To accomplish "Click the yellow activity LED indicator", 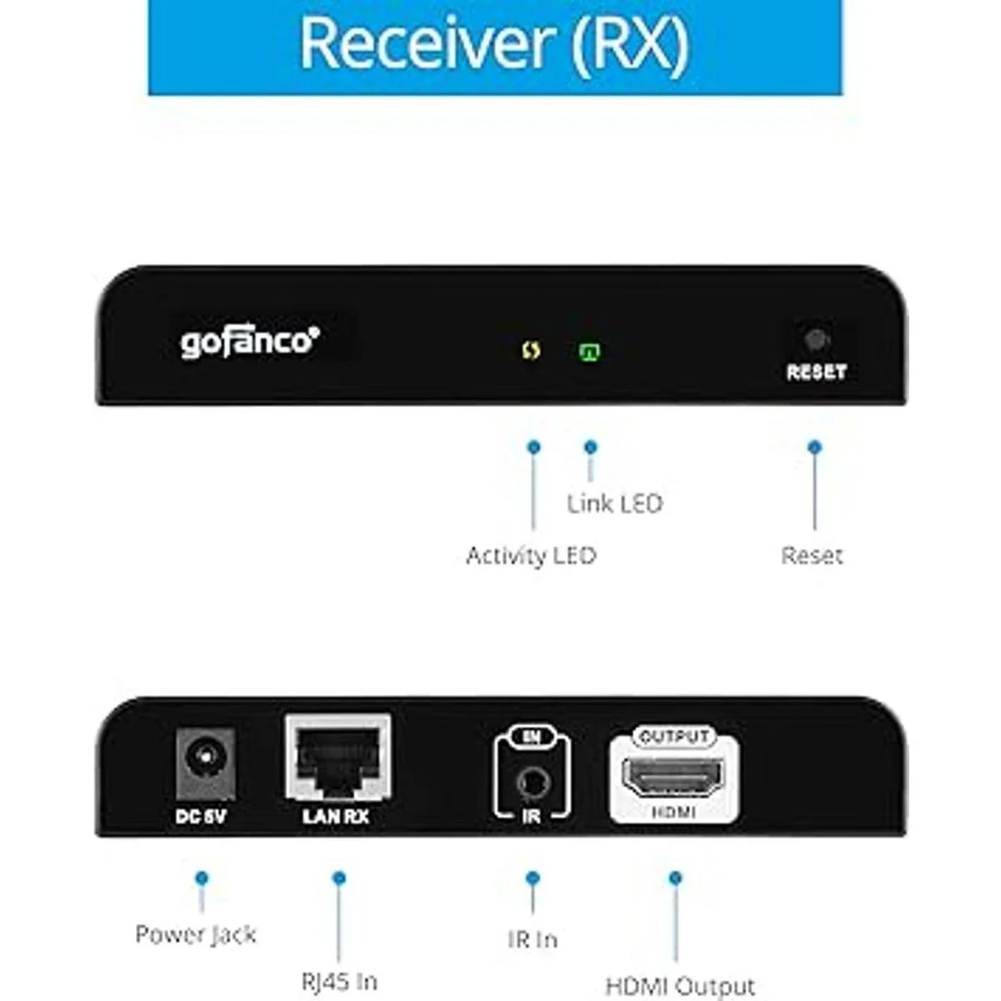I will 531,350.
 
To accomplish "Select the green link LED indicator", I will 590,351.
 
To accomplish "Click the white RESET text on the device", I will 816,372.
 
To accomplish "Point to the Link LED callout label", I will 615,504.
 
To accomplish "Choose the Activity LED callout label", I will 531,556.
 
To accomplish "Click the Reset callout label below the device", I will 812,556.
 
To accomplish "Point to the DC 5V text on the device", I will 200,817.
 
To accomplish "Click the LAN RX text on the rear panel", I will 335,817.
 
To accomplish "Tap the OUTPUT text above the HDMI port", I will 673,737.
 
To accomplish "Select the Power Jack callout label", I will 195,935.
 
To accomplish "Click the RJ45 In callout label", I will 340,982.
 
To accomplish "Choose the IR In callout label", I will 532,940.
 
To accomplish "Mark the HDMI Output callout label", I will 680,987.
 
